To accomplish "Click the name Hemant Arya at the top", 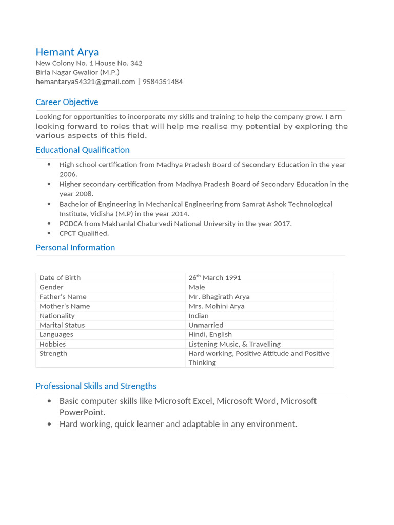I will [67, 52].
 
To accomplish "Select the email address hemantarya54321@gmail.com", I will [85, 82].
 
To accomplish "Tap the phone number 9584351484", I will [162, 82].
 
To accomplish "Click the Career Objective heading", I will [67, 102].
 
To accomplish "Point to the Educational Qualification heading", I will [82, 150].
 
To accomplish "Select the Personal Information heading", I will [75, 247].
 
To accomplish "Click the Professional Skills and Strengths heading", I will [96, 386].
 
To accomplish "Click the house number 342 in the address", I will [136, 63].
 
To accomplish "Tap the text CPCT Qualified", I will [84, 233].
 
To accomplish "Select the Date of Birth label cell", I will [60, 277].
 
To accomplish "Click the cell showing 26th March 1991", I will [214, 277].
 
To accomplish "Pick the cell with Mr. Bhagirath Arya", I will [219, 296].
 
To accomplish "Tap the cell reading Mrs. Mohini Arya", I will [216, 306].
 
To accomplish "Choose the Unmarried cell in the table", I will [206, 325].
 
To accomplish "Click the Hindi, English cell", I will [210, 334].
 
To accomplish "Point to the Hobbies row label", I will [52, 344].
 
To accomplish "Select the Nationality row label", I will [57, 316].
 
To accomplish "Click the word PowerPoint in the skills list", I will [82, 412].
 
